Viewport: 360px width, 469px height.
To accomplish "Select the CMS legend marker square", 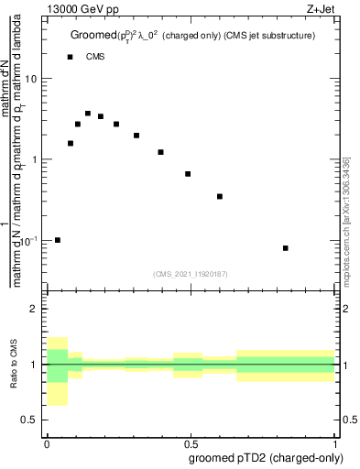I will pos(71,57).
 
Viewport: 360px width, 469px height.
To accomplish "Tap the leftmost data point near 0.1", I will pos(58,240).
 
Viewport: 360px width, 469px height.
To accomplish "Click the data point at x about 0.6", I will pos(220,196).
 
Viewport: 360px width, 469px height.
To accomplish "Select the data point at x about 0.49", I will pos(188,174).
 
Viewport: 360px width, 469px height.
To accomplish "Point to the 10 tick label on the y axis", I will pos(31,79).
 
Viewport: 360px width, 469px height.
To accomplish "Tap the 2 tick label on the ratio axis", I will pos(34,310).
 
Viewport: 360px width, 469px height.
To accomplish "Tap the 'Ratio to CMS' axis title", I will pos(15,365).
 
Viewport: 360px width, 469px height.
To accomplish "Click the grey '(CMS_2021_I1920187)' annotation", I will pos(190,273).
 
